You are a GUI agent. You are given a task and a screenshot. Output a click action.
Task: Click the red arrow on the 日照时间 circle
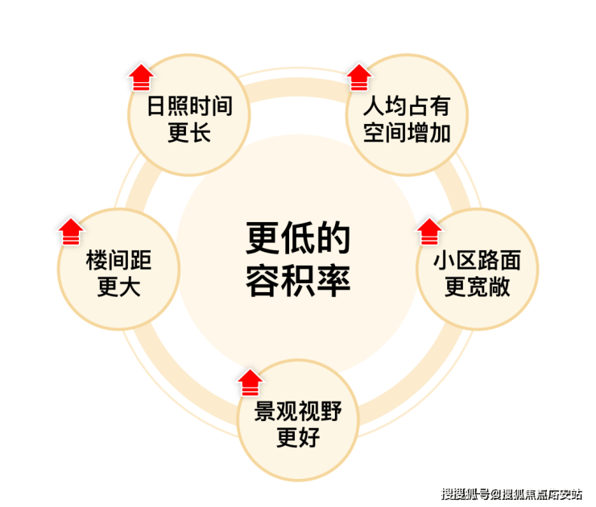(142, 77)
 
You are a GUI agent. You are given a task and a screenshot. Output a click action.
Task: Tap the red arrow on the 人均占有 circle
(359, 77)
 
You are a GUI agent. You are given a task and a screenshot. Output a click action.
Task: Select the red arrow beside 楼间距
(71, 231)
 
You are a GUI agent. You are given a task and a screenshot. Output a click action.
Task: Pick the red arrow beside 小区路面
(429, 231)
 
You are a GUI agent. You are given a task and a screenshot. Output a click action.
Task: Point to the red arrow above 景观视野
(250, 382)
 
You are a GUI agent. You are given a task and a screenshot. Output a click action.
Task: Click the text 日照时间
(189, 105)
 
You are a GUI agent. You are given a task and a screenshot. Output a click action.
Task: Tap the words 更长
(189, 133)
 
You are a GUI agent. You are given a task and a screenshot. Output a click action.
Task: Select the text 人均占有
(407, 105)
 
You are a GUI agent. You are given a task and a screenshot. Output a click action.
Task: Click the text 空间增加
(407, 133)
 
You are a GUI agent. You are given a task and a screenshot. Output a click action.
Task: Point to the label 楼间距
(119, 260)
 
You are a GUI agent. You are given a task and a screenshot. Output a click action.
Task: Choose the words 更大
(119, 286)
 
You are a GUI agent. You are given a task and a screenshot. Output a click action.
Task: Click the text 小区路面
(478, 260)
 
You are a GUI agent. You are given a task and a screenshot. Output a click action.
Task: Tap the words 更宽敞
(478, 286)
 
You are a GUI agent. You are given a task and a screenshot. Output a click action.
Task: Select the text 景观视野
(298, 411)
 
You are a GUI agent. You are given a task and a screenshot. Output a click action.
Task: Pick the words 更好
(298, 438)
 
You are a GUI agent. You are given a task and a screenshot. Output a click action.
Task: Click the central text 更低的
(298, 238)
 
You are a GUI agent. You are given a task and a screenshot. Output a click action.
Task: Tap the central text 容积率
(298, 281)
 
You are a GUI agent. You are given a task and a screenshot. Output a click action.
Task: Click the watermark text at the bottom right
(511, 494)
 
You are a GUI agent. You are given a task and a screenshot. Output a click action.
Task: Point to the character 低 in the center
(298, 238)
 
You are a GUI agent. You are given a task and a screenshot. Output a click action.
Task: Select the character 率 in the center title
(333, 281)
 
